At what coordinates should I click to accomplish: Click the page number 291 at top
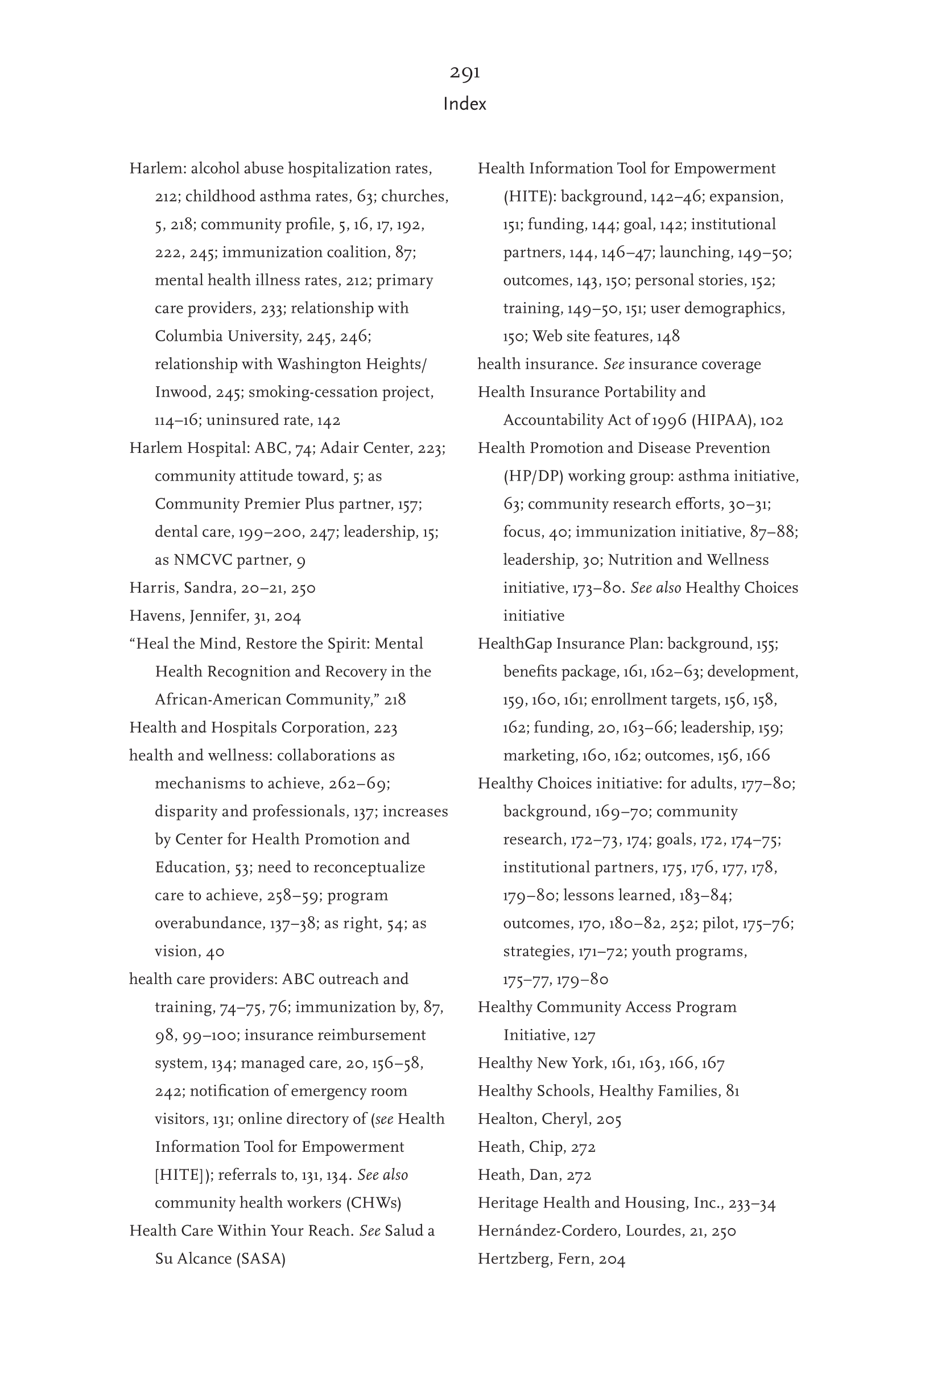click(x=464, y=72)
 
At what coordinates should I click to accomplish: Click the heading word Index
click(x=464, y=104)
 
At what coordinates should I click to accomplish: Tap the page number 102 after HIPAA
click(x=771, y=420)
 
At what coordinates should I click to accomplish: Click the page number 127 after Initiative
click(x=584, y=1035)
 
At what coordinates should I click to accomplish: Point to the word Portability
click(x=628, y=392)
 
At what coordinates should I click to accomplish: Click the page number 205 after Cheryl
click(x=609, y=1119)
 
